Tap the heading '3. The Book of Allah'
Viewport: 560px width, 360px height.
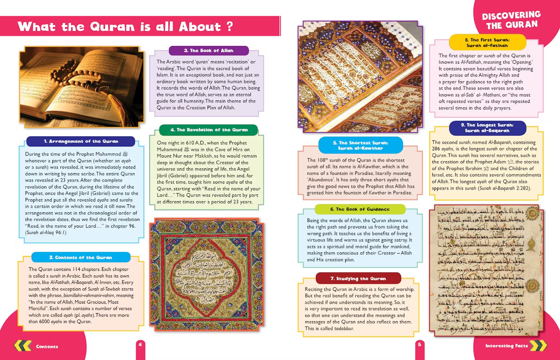click(x=208, y=50)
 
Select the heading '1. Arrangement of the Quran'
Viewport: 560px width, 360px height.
click(x=81, y=141)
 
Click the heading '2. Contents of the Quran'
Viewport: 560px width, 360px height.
click(x=80, y=257)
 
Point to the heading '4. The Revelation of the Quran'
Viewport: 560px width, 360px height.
click(x=209, y=130)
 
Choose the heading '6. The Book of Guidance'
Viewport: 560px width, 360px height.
click(x=360, y=209)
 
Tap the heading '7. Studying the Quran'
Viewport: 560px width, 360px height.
click(x=358, y=278)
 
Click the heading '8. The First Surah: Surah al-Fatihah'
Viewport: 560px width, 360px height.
click(x=487, y=42)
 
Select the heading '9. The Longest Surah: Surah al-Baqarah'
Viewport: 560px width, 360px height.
click(x=487, y=128)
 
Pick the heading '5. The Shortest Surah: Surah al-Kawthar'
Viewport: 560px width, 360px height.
click(x=360, y=145)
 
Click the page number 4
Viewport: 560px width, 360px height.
click(x=140, y=344)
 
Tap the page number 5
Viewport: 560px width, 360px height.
click(x=419, y=344)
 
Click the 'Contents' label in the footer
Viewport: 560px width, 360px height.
click(x=47, y=346)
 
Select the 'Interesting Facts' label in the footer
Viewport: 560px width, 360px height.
click(x=506, y=346)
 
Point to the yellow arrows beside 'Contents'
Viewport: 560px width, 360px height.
click(x=23, y=346)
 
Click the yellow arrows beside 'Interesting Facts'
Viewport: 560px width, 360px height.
click(x=538, y=345)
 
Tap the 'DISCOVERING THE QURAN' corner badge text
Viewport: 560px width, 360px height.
click(x=512, y=20)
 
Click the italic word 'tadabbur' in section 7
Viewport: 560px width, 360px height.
click(x=344, y=328)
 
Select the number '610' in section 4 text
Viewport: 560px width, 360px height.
click(x=190, y=143)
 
